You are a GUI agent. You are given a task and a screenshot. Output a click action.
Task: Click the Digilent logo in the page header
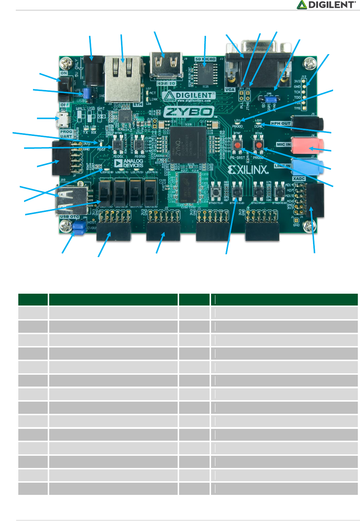tap(326, 5)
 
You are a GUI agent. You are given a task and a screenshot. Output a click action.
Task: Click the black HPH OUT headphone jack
tap(307, 123)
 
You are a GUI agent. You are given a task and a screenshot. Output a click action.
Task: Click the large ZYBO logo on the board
tap(189, 112)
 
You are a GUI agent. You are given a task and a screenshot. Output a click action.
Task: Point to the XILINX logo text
tap(248, 170)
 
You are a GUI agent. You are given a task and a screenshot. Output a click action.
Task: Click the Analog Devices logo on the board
tap(128, 163)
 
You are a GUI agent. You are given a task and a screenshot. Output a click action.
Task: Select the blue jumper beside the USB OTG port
tap(79, 227)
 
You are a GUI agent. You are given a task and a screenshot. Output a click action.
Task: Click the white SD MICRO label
tap(205, 59)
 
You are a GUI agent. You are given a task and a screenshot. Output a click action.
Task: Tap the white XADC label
tap(299, 179)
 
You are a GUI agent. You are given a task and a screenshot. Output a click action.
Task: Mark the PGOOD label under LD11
tap(237, 126)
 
